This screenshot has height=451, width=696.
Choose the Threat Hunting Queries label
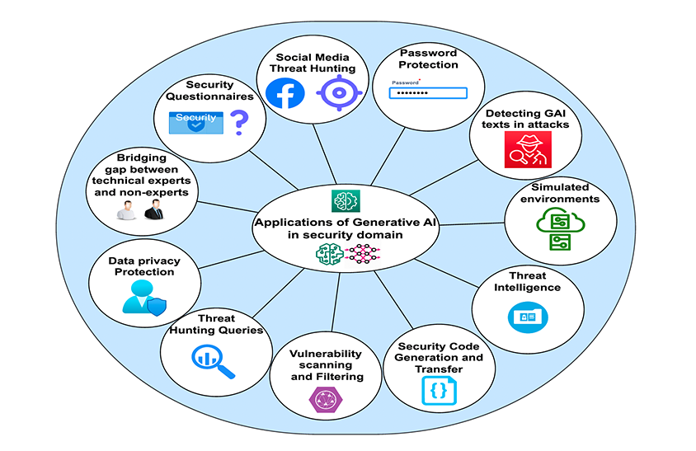coord(216,324)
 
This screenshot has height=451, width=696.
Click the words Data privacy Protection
coord(144,266)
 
